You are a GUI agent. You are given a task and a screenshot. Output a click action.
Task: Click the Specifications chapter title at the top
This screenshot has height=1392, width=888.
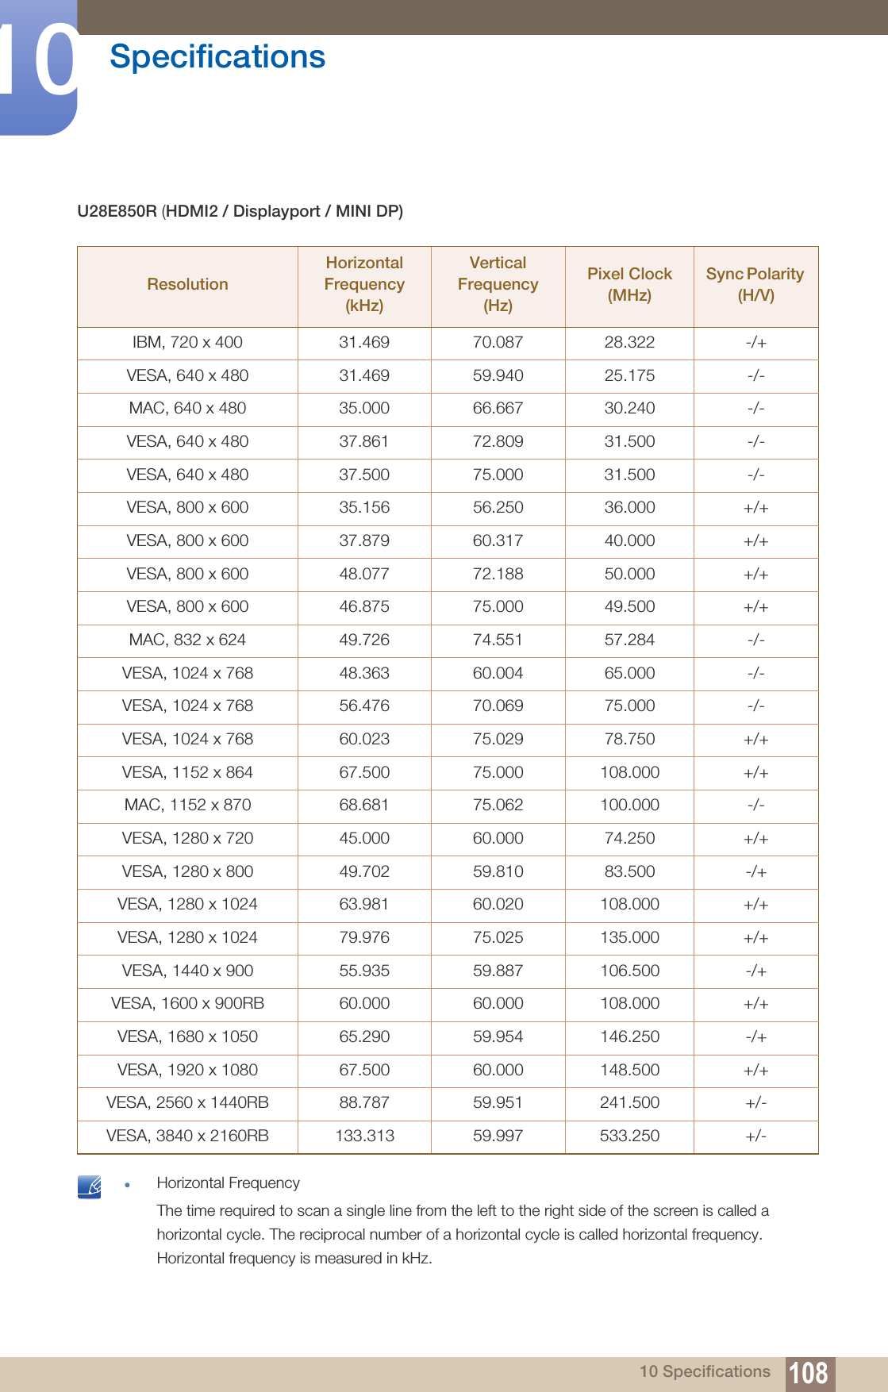tap(217, 57)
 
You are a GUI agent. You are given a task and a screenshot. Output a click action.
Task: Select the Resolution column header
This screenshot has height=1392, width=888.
tap(187, 284)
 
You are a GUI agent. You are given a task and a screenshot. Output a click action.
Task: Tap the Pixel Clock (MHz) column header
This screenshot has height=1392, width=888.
tap(629, 284)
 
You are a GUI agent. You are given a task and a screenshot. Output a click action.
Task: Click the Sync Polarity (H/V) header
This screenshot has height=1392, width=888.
tap(755, 284)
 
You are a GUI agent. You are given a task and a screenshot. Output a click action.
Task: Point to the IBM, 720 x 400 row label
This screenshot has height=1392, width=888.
tap(187, 342)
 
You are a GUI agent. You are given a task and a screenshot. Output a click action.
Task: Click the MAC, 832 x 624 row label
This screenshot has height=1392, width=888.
tap(187, 640)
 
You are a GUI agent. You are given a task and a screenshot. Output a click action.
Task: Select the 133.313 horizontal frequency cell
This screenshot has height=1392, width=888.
tap(364, 1136)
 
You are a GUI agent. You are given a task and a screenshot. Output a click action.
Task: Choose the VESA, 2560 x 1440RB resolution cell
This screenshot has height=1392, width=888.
tap(187, 1102)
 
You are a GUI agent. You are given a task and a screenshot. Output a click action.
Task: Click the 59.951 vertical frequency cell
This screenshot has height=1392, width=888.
tap(498, 1102)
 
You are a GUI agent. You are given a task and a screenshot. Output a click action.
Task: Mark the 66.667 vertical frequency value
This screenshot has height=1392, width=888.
tap(498, 408)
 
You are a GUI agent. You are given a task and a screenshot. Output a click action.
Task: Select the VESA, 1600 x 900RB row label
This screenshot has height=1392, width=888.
tap(187, 1003)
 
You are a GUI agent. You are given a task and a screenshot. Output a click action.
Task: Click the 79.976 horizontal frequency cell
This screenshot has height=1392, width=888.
tap(364, 937)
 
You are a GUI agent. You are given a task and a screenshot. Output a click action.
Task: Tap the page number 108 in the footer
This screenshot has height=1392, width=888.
tap(809, 1372)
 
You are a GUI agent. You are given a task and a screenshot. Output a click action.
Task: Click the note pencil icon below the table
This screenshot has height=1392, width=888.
tap(90, 1187)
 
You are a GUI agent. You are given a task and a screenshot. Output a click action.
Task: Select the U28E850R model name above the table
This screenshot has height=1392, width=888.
tap(117, 211)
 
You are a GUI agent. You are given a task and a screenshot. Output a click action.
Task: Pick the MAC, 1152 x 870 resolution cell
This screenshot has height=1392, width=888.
tap(187, 805)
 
